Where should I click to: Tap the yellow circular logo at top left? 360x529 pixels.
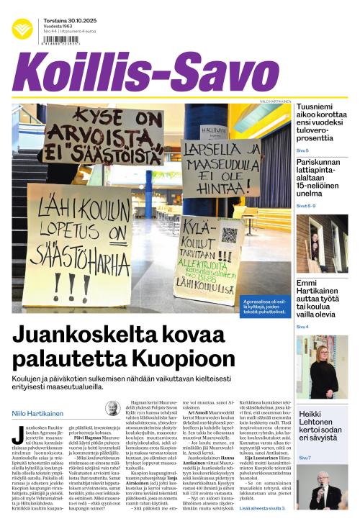tap(22, 28)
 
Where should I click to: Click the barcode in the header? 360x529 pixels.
tap(62, 42)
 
